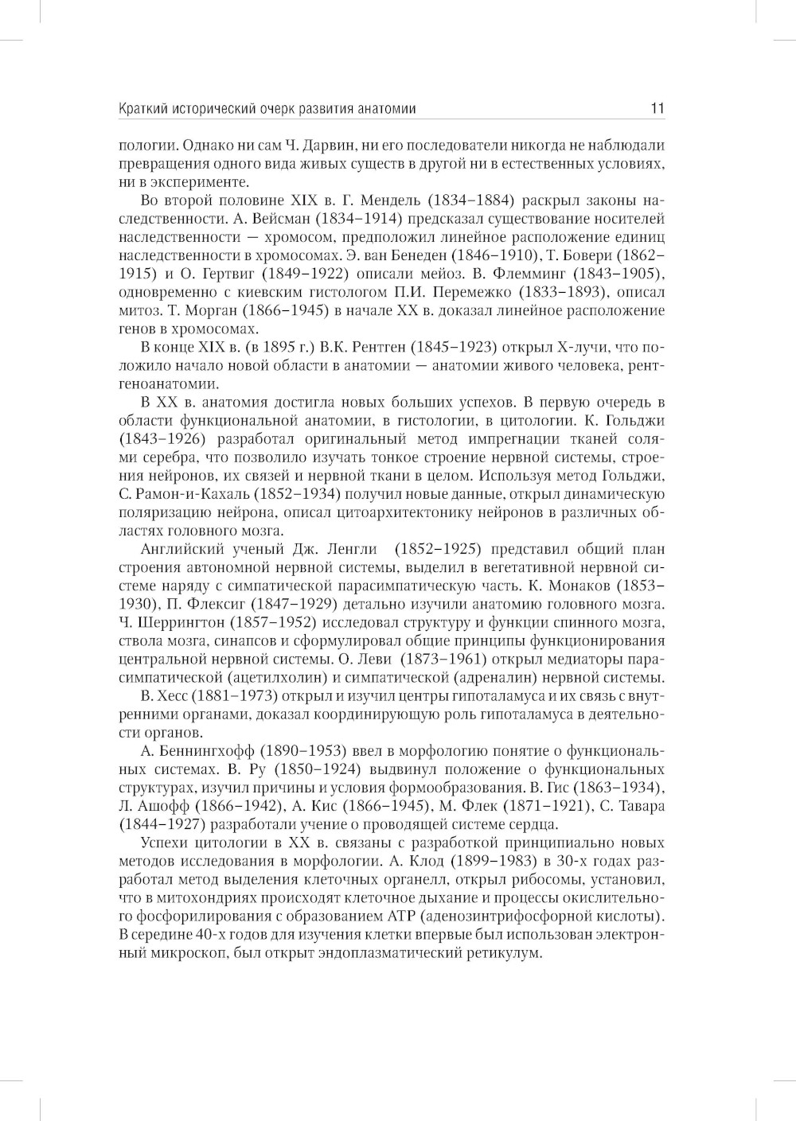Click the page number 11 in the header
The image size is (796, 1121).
tap(657, 108)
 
